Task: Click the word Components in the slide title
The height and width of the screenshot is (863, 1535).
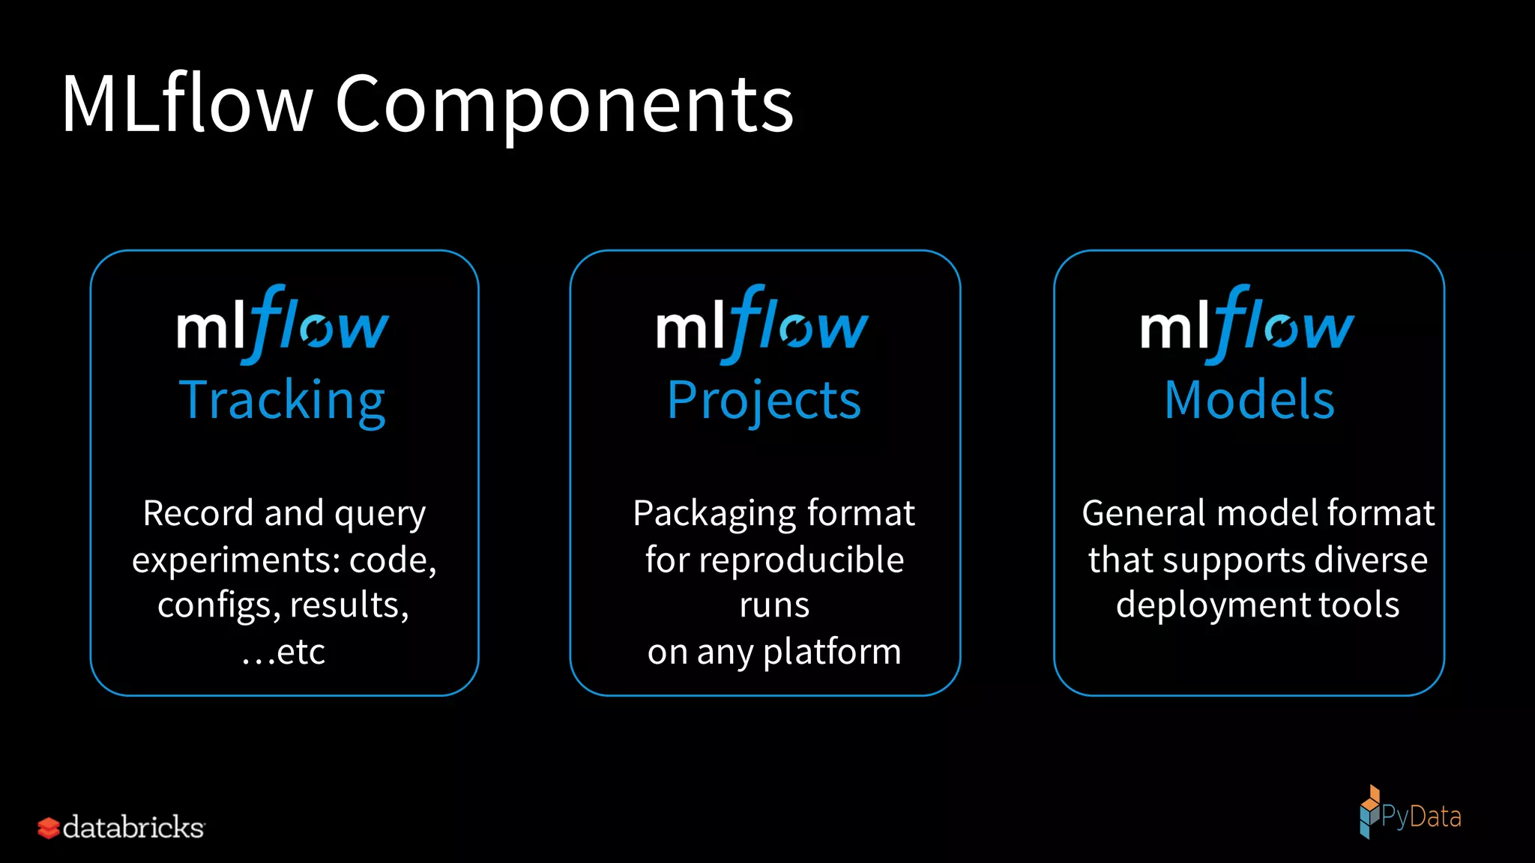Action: pyautogui.click(x=564, y=105)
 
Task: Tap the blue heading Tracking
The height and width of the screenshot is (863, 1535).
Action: pyautogui.click(x=283, y=400)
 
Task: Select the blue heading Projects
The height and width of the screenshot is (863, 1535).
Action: pyautogui.click(x=764, y=400)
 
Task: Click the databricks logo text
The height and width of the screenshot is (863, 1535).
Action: pyautogui.click(x=133, y=827)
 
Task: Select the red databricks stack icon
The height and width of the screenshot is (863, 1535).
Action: pyautogui.click(x=49, y=828)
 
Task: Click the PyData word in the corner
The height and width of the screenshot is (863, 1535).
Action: pyautogui.click(x=1421, y=817)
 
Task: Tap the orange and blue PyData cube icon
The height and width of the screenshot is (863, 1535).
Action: pyautogui.click(x=1369, y=811)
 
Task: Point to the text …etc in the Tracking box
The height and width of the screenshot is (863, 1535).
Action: pyautogui.click(x=283, y=652)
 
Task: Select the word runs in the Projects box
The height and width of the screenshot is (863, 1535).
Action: pyautogui.click(x=774, y=605)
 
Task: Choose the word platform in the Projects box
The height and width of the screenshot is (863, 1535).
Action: pyautogui.click(x=832, y=652)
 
